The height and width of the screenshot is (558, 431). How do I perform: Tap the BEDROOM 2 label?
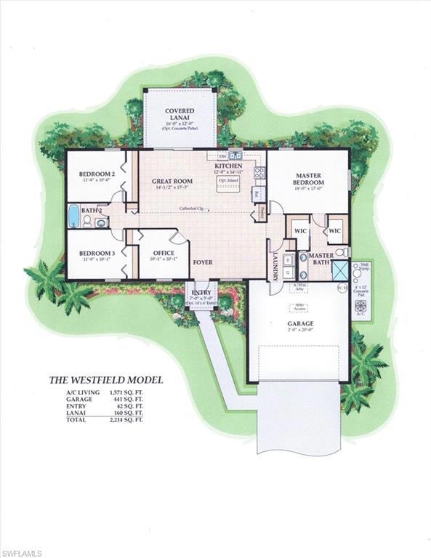[x=97, y=174]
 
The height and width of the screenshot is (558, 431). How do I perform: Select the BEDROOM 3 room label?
[x=97, y=253]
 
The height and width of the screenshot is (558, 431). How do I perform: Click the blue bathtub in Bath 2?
[x=73, y=216]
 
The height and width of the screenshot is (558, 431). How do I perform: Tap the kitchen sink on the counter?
[x=235, y=155]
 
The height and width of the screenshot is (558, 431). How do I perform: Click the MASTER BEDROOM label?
[x=307, y=179]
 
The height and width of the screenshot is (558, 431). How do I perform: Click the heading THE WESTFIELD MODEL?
[x=105, y=379]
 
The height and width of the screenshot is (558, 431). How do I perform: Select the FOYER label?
[x=203, y=262]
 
